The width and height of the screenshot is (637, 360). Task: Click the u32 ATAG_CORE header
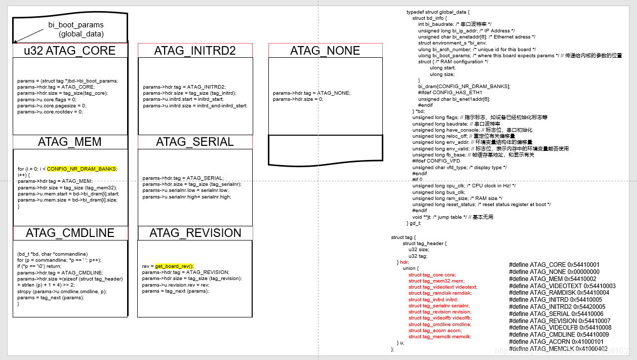pos(70,51)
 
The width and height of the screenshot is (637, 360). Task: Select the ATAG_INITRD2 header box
pos(195,51)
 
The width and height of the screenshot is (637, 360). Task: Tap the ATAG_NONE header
pos(325,51)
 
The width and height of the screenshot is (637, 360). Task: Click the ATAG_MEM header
pos(70,142)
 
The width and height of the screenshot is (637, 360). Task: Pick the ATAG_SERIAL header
pos(195,142)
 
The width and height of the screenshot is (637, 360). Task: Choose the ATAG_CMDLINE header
pos(70,233)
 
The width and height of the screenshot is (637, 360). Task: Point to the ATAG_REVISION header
pos(195,233)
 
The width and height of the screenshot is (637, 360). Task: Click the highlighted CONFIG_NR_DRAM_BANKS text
pos(82,169)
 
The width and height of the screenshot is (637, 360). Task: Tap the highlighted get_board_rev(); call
pos(174,266)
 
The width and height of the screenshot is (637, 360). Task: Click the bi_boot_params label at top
pos(76,25)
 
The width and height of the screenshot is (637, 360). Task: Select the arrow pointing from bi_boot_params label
pos(29,35)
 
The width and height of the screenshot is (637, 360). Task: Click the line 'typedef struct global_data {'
pos(438,12)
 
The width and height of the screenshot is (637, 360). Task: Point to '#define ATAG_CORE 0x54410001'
pos(547,265)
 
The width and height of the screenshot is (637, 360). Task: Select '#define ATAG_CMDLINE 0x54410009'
pos(551,335)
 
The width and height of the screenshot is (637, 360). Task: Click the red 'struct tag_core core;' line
pos(432,274)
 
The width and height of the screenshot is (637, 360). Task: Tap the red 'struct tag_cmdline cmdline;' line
pos(440,324)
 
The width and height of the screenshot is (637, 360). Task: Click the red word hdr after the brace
pos(404,262)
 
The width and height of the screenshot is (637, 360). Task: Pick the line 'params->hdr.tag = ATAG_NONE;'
pos(311,93)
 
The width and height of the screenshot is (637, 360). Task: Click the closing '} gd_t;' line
pos(414,223)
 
